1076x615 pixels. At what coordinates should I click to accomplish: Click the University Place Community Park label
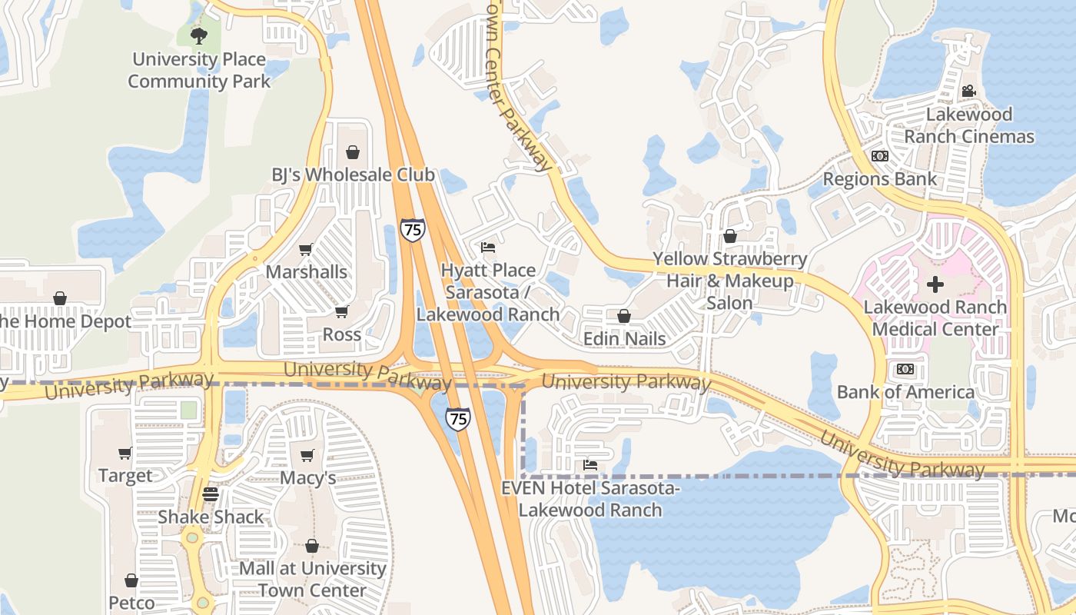click(199, 70)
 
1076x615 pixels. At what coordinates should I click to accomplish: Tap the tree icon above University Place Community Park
click(199, 35)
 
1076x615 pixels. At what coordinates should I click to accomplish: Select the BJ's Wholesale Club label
click(353, 175)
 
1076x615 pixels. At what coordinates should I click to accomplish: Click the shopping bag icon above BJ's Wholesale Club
click(353, 151)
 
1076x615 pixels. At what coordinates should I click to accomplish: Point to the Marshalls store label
click(307, 271)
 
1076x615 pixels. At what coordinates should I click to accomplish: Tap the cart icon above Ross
click(342, 311)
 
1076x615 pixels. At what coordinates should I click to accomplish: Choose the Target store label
click(125, 476)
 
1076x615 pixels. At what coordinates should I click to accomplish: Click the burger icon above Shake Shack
click(211, 494)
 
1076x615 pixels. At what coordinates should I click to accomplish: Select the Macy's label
click(307, 477)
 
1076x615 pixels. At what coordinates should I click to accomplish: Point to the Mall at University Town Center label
click(312, 579)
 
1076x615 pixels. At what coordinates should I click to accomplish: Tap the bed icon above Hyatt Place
click(488, 248)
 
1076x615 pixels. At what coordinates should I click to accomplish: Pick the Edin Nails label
click(624, 338)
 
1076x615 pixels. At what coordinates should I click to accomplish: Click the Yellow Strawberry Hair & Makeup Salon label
click(729, 281)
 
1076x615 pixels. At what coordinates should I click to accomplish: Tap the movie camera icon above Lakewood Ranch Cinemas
click(968, 91)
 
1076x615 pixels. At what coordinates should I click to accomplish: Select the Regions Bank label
click(880, 179)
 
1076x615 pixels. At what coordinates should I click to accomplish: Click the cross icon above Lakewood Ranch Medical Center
click(935, 284)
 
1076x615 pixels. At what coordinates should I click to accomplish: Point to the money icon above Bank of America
click(905, 369)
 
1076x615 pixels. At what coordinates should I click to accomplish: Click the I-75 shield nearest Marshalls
click(413, 230)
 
